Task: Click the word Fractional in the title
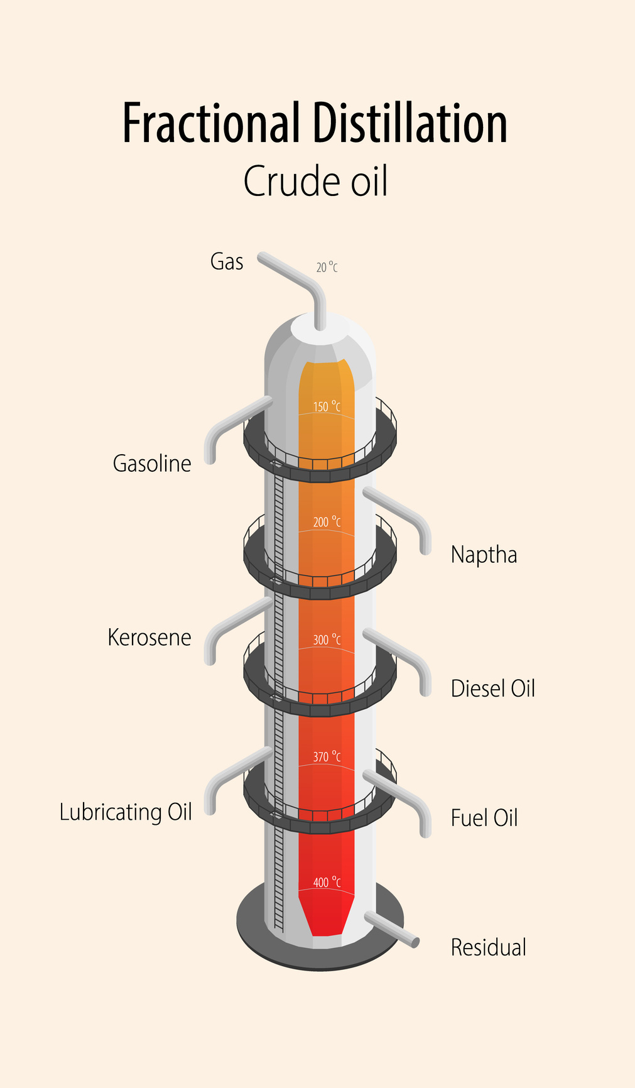pos(210,123)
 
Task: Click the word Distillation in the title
pos(410,123)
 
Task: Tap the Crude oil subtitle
pos(315,182)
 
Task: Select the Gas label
pos(227,261)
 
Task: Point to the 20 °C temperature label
pos(327,268)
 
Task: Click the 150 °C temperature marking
pos(327,407)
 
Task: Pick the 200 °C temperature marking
pos(327,522)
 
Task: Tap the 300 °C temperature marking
pos(327,640)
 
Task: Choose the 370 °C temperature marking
pos(327,757)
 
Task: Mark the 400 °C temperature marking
pos(327,883)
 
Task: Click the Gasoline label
pos(152,464)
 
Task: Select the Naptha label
pos(484,555)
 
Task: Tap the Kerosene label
pos(149,638)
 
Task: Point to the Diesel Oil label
pos(493,688)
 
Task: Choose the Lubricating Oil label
pos(126,812)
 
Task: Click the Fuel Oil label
pos(484,818)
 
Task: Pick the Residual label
pos(489,947)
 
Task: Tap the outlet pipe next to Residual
pos(393,930)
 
